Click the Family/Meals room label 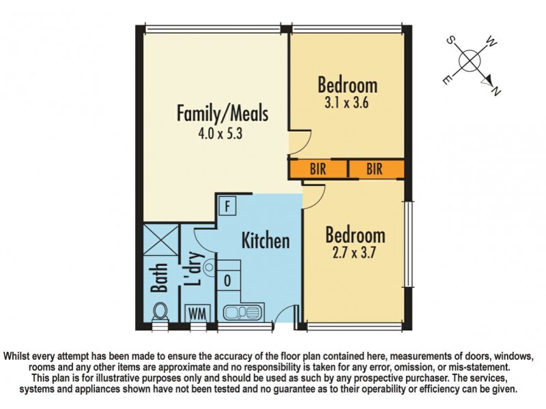(x=222, y=113)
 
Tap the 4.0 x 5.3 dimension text (x=220, y=134)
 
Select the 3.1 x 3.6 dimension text (x=347, y=103)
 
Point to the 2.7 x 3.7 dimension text (x=354, y=252)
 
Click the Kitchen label (x=265, y=241)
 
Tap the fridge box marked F (x=227, y=206)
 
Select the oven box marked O (x=227, y=280)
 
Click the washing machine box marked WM (x=197, y=314)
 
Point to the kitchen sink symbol (x=242, y=312)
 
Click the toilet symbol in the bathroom (x=160, y=312)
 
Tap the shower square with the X (x=161, y=240)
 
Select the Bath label (x=160, y=277)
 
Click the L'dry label (x=194, y=269)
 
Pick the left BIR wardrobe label (x=318, y=169)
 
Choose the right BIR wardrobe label (x=374, y=169)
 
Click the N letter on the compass (x=496, y=91)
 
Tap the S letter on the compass (x=450, y=40)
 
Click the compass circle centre (x=470, y=61)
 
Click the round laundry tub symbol (x=209, y=267)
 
